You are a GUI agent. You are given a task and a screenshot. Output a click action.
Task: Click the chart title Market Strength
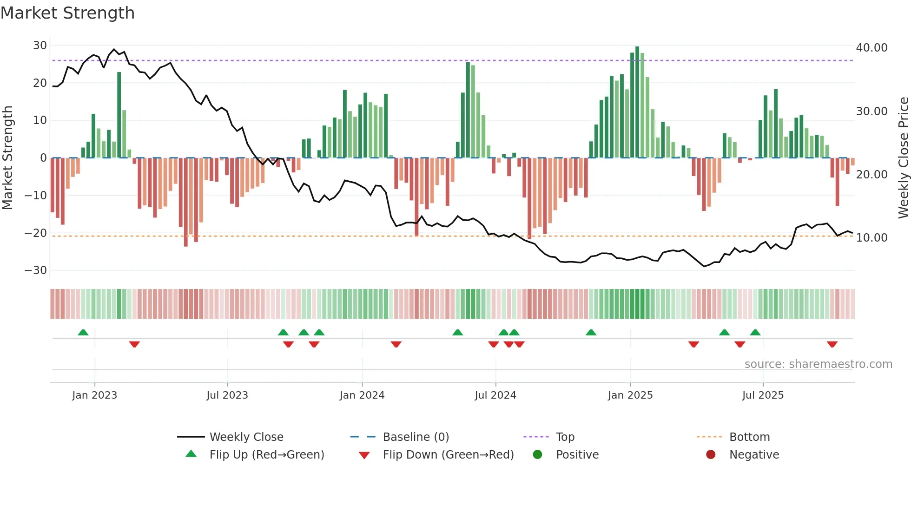[68, 13]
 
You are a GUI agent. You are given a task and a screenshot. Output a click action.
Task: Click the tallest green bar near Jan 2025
[637, 102]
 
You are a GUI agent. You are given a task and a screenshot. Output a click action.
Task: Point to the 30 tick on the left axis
[40, 46]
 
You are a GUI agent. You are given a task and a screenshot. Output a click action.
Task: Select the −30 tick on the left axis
[36, 270]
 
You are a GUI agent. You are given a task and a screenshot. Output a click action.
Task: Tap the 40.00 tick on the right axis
[871, 48]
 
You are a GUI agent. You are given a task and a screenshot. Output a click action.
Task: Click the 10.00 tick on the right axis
[871, 238]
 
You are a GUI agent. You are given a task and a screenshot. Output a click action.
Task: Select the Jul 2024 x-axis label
[495, 395]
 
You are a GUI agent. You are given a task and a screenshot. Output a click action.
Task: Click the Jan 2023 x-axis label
[94, 395]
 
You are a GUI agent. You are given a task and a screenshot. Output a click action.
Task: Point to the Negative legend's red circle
[711, 455]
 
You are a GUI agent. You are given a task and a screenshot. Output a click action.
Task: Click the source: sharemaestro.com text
[818, 364]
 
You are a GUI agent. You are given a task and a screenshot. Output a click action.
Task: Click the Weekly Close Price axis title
[903, 158]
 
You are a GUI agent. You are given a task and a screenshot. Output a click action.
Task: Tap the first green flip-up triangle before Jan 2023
[83, 333]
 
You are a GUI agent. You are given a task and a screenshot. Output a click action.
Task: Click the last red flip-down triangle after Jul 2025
[832, 344]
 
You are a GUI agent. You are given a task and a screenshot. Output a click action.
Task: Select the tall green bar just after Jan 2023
[119, 115]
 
